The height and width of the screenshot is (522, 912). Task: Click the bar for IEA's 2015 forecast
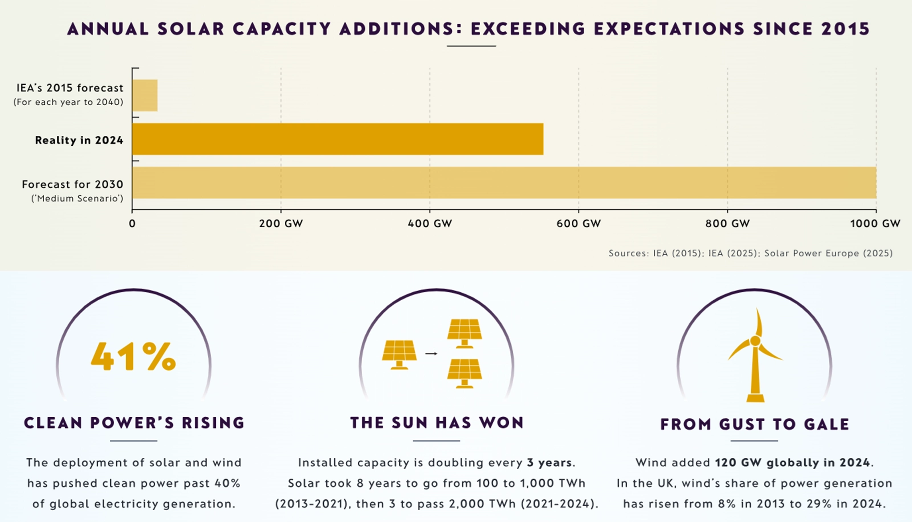(x=145, y=95)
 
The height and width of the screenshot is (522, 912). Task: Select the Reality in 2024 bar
(x=337, y=139)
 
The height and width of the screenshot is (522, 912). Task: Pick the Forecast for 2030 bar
(x=504, y=183)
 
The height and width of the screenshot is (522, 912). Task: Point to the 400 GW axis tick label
(x=430, y=224)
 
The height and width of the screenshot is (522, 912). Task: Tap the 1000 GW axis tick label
(x=875, y=224)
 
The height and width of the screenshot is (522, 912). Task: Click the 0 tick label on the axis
(x=132, y=224)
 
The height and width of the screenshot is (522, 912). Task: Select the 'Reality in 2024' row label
(x=79, y=140)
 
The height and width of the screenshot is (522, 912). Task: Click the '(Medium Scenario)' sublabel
(x=78, y=199)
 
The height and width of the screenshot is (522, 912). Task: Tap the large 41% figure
(x=133, y=357)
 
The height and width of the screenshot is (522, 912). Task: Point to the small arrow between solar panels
(x=431, y=354)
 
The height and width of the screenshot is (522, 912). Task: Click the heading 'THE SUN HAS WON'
(x=437, y=423)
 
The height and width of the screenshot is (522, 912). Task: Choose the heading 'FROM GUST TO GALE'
(x=755, y=424)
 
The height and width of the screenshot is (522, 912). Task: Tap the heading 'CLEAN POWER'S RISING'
(x=134, y=423)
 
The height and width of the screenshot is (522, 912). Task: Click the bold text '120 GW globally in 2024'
(x=793, y=463)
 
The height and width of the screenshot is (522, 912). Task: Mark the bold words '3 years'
(x=549, y=463)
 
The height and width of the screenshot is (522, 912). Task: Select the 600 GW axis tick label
(x=579, y=224)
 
